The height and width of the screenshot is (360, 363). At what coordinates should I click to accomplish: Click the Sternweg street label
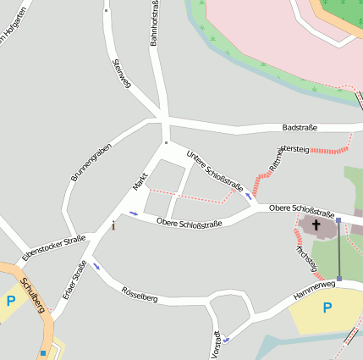pos(121,73)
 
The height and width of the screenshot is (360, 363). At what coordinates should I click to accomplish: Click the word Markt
pos(140,180)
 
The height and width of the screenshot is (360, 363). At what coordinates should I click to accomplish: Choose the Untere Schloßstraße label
pos(215,172)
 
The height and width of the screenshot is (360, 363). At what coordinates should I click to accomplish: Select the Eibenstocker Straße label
pos(53,247)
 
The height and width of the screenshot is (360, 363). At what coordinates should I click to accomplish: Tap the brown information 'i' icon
pos(113,225)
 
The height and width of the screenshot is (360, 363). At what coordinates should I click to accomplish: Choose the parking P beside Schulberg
pos(10,301)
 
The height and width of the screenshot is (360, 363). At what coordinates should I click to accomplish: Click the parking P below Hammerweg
pos(327,307)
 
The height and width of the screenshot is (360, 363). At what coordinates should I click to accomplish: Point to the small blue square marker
pos(42,352)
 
